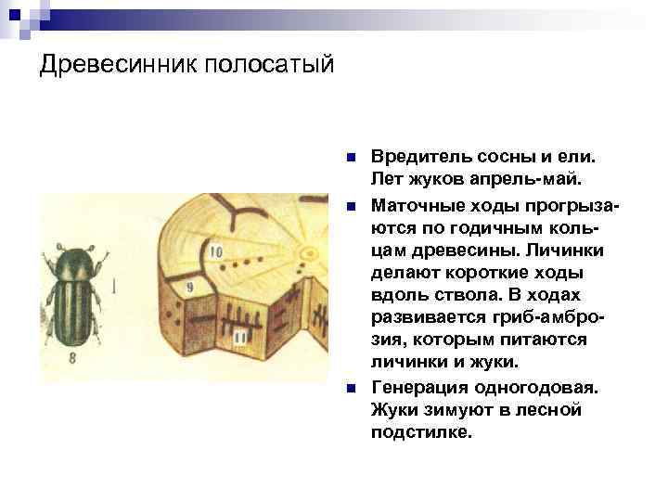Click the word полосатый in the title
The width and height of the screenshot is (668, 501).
(269, 66)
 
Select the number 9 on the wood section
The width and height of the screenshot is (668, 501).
(189, 288)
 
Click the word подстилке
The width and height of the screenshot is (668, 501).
(421, 431)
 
